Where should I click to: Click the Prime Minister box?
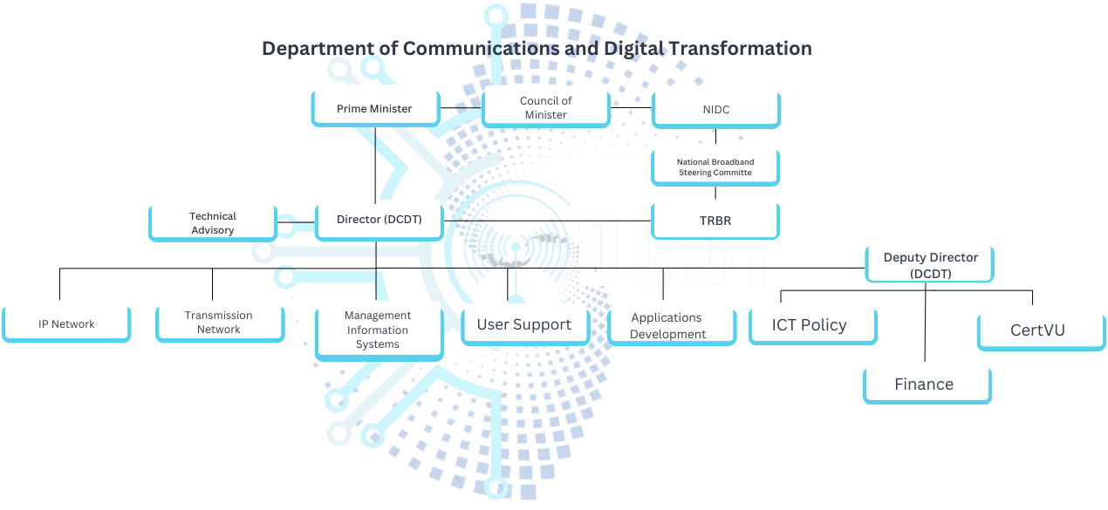pyautogui.click(x=375, y=109)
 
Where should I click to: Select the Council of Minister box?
pyautogui.click(x=545, y=108)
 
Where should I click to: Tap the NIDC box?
pyautogui.click(x=715, y=110)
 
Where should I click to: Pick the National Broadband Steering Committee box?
pyautogui.click(x=715, y=167)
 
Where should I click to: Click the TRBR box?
pyautogui.click(x=715, y=221)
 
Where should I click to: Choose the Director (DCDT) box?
pyautogui.click(x=379, y=220)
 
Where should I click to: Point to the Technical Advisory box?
pyautogui.click(x=213, y=223)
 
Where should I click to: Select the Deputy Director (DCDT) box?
pyautogui.click(x=930, y=265)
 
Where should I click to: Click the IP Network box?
pyautogui.click(x=66, y=324)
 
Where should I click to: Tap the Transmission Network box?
pyautogui.click(x=219, y=323)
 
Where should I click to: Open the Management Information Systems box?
pyautogui.click(x=378, y=330)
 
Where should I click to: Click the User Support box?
pyautogui.click(x=524, y=325)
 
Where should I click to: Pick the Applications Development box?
pyautogui.click(x=668, y=326)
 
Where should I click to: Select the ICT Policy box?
pyautogui.click(x=810, y=325)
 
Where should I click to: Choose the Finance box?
pyautogui.click(x=925, y=384)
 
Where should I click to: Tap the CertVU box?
pyautogui.click(x=1038, y=330)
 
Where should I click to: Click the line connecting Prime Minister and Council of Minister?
pyautogui.click(x=461, y=108)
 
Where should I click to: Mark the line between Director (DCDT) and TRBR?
pyautogui.click(x=548, y=220)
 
